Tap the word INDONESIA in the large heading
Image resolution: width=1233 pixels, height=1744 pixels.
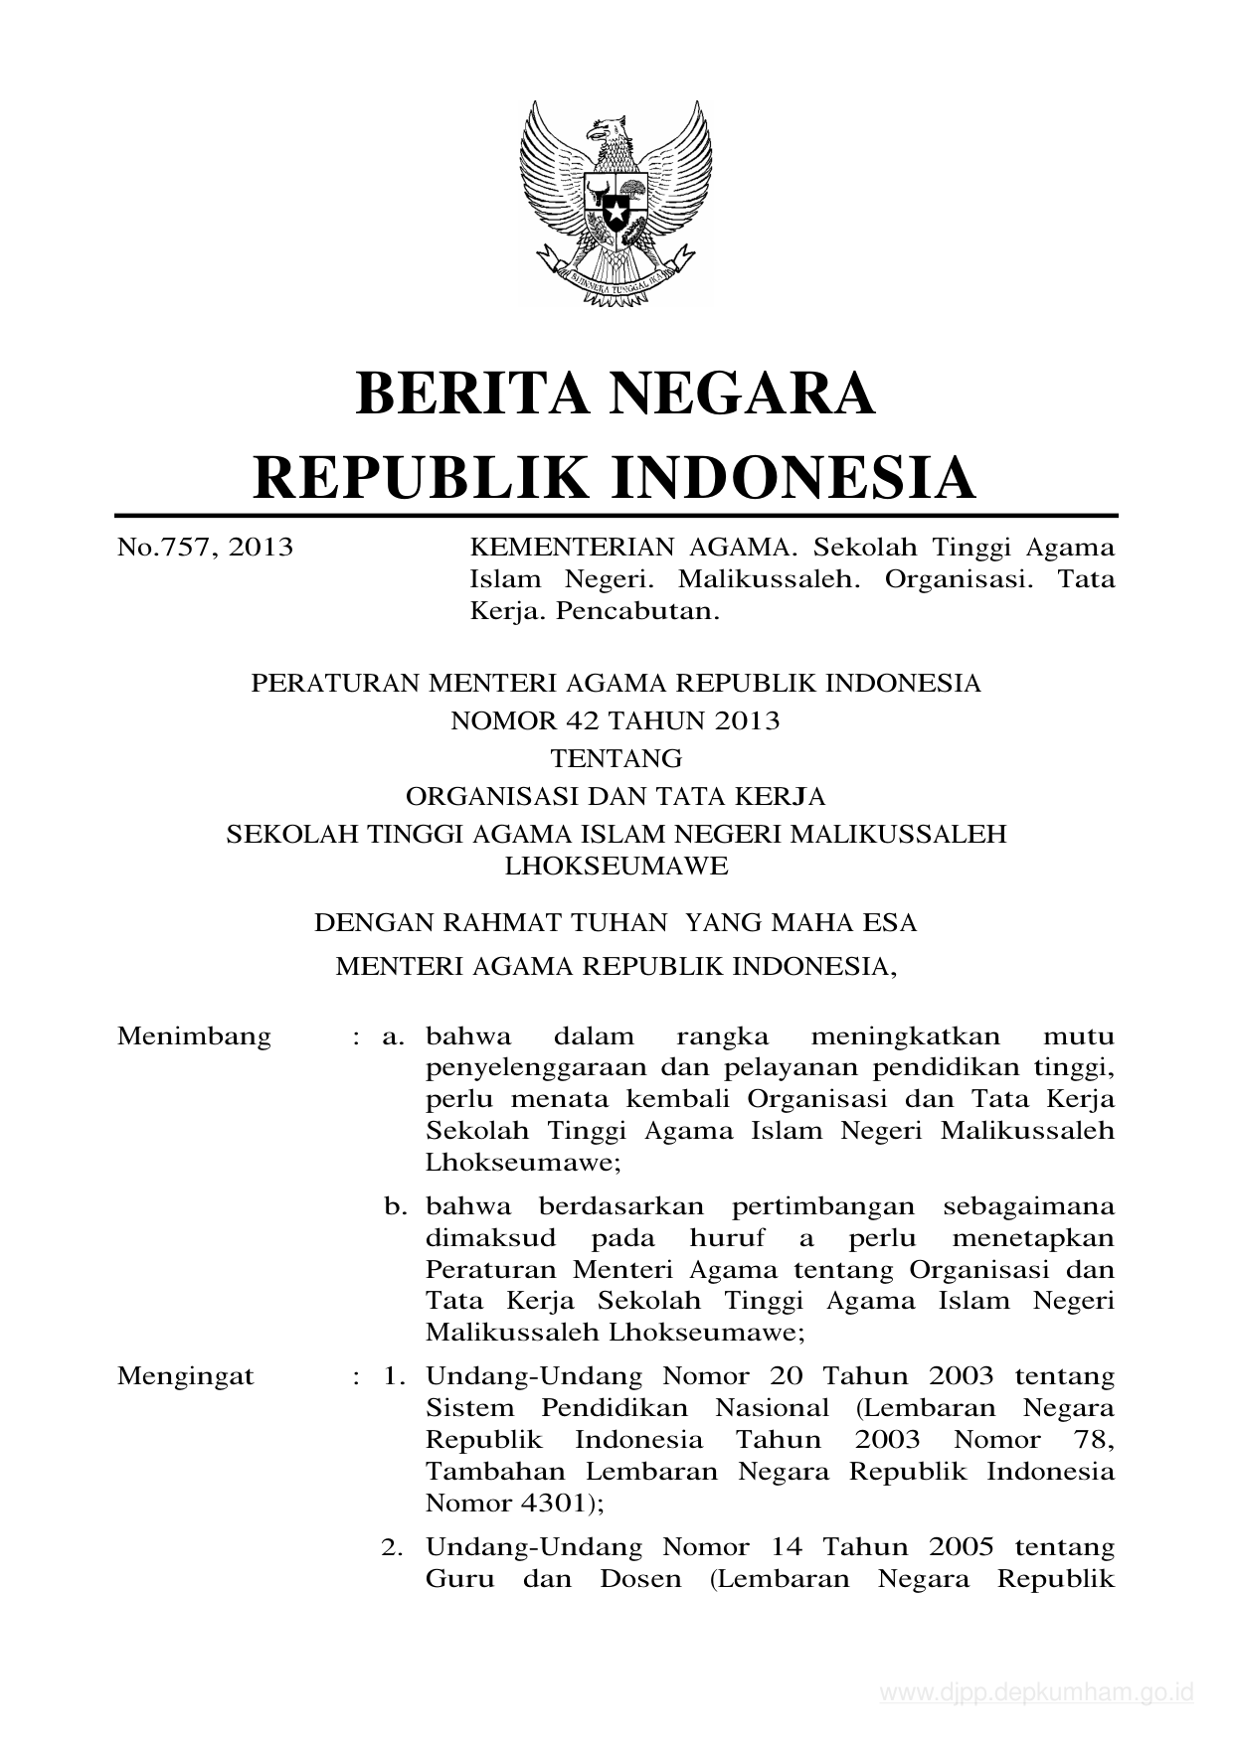pyautogui.click(x=793, y=477)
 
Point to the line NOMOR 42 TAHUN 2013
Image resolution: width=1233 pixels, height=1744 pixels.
pyautogui.click(x=616, y=720)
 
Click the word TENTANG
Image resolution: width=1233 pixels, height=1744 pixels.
pyautogui.click(x=616, y=758)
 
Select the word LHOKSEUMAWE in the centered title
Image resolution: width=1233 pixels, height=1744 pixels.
pyautogui.click(x=616, y=866)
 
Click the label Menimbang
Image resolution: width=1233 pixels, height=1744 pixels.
pyautogui.click(x=194, y=1036)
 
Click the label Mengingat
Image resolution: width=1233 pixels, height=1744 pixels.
pyautogui.click(x=186, y=1376)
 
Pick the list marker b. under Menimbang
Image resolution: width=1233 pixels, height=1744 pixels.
pyautogui.click(x=397, y=1207)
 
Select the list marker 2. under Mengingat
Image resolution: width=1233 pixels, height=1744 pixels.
pyautogui.click(x=396, y=1547)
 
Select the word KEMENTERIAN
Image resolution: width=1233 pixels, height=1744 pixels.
pyautogui.click(x=554, y=548)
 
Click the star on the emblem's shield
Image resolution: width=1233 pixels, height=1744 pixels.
pyautogui.click(x=616, y=212)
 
